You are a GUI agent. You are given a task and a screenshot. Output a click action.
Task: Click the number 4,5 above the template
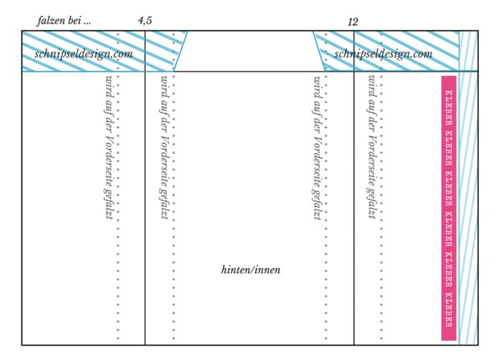pos(145,21)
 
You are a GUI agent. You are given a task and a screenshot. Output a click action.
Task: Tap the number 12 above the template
pos(353,22)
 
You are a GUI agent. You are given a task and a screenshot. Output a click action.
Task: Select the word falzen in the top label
pos(51,21)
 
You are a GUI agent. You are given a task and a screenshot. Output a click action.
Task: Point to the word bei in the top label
pos(75,21)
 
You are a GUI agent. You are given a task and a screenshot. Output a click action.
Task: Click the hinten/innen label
pos(251,270)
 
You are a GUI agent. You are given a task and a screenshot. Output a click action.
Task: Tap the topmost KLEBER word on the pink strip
pos(449,108)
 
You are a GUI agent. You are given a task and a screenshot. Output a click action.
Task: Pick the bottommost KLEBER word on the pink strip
pos(449,309)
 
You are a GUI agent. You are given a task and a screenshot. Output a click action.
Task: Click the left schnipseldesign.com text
pos(84,54)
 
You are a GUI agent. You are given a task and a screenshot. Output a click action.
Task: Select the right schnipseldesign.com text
pos(383,54)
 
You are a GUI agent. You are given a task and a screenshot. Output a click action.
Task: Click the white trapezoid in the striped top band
pos(249,51)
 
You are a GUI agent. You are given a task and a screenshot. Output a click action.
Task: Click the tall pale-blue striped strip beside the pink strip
pos(468,208)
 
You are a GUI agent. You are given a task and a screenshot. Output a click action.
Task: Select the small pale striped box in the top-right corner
pos(468,51)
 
